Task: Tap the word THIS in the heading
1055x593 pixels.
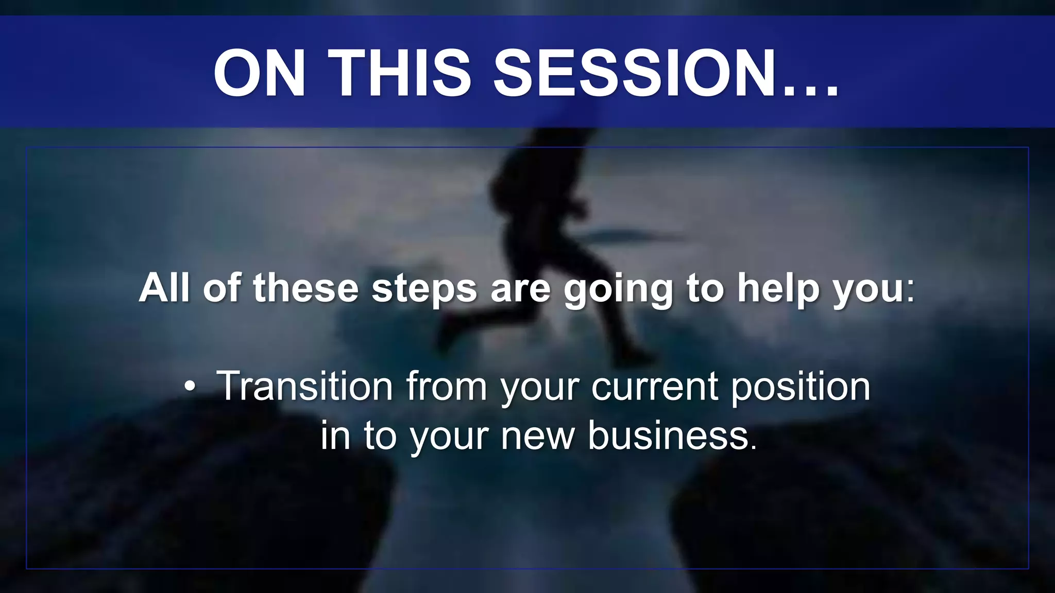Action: point(399,73)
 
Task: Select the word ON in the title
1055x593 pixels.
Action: point(259,73)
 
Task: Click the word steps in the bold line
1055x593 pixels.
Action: point(424,288)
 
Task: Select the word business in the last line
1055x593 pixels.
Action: point(672,435)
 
